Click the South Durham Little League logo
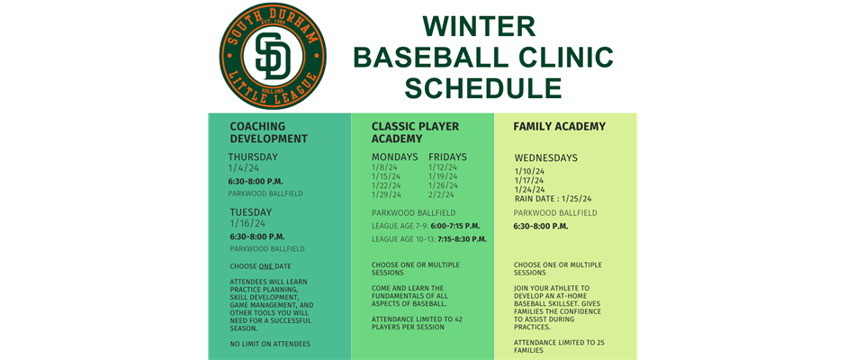point(273,56)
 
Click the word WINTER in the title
point(479,26)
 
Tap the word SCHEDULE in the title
point(483,88)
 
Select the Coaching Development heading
point(269,133)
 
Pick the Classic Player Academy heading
point(415,133)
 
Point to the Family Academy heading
point(560,127)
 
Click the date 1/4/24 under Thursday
point(243,168)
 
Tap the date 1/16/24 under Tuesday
point(247,223)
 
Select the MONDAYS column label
point(395,157)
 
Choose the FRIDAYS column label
point(448,157)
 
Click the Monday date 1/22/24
point(386,185)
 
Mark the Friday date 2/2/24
point(442,194)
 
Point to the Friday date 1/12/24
point(443,167)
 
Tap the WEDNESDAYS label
point(546,158)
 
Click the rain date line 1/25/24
point(553,199)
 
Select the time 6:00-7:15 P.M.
point(455,226)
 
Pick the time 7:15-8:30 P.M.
point(462,238)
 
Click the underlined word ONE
point(266,266)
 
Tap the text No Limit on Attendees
point(270,344)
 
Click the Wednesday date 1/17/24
point(529,180)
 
